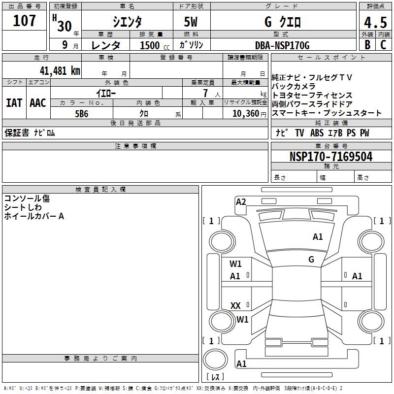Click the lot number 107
25,21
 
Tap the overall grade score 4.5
375,23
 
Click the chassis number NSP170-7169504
331,157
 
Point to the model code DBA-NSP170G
282,45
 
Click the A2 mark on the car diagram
241,202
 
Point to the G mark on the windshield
311,259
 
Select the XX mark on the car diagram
236,306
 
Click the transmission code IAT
14,103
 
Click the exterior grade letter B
367,45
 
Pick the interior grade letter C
383,45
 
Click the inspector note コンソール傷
27,198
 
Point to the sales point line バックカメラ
294,86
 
